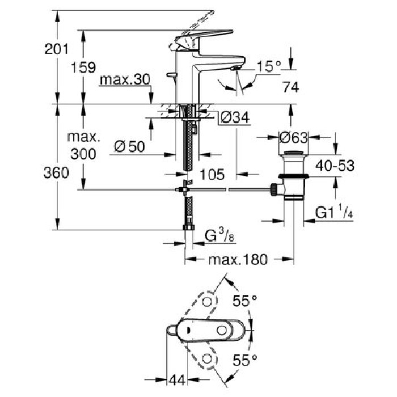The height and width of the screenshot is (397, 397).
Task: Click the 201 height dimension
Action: (56, 50)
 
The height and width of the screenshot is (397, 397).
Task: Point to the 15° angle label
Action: (268, 66)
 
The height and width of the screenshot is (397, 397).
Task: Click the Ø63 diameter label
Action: (293, 137)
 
